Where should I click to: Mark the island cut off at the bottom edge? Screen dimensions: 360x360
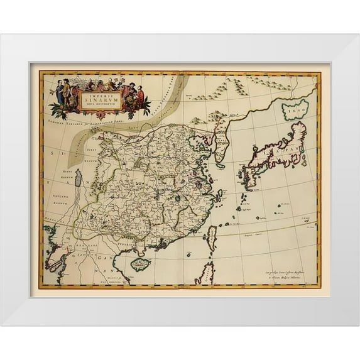point(203,275)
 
